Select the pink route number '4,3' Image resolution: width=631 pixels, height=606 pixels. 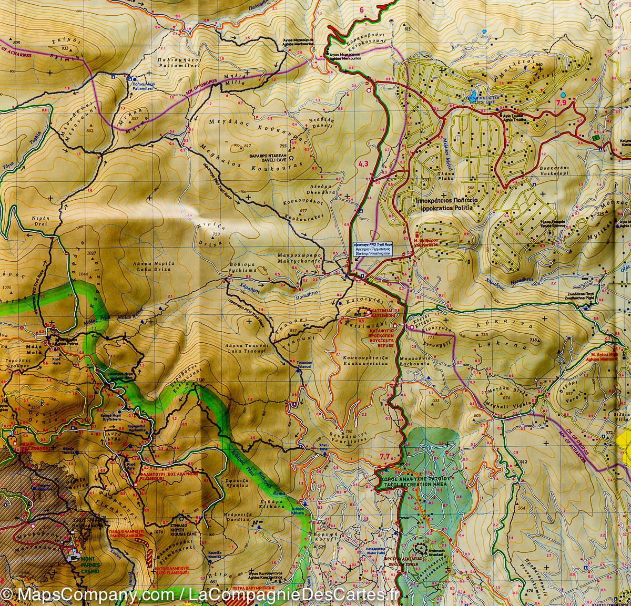coord(363,165)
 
